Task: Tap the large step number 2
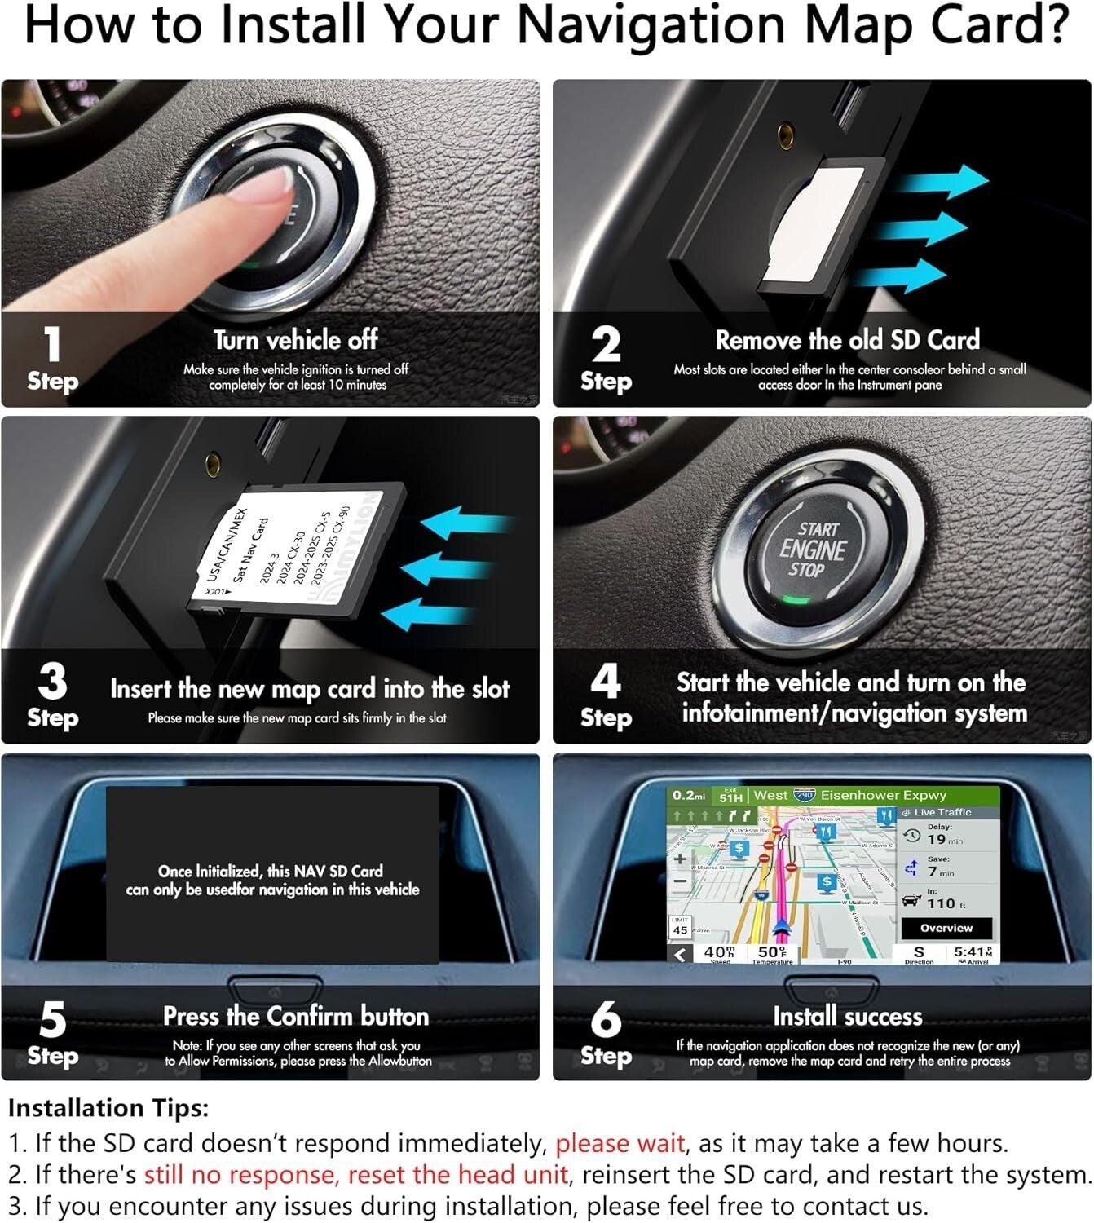coord(606,343)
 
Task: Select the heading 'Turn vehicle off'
coord(295,339)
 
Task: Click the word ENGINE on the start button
coord(812,550)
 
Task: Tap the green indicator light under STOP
coord(796,601)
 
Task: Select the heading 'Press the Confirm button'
coord(295,1016)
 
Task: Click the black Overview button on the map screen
coord(946,928)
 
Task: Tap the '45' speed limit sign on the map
coord(680,930)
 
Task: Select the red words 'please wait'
coord(620,1143)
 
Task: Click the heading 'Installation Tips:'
coord(108,1108)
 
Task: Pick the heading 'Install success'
coord(847,1016)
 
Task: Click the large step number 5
coord(52,1019)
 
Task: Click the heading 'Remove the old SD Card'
coord(847,339)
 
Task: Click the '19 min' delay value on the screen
coord(944,839)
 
